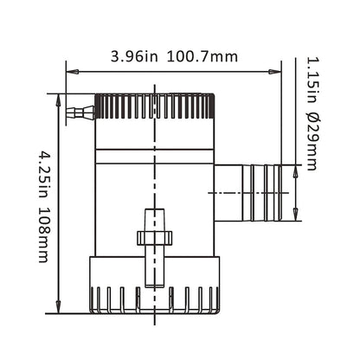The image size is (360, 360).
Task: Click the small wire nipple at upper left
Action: (79, 111)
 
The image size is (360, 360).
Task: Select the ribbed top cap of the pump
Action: (154, 107)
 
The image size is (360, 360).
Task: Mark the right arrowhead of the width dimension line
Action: (277, 70)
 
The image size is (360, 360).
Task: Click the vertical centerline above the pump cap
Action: (154, 82)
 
